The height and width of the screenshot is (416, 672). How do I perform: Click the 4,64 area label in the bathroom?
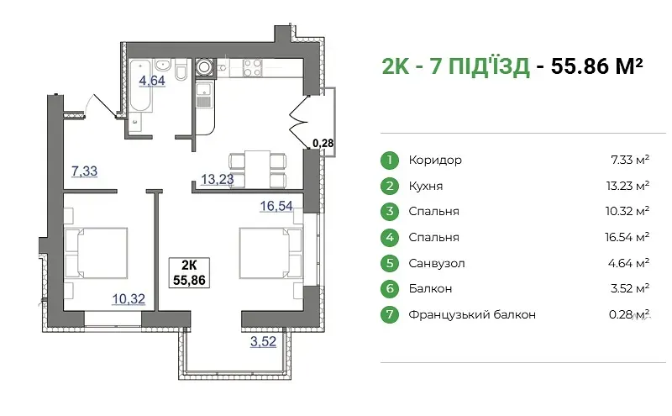[x=152, y=80]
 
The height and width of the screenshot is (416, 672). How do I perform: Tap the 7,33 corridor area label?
[x=85, y=171]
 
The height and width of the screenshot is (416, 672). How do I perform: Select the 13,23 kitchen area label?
[x=218, y=179]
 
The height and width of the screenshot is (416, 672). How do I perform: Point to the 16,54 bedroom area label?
[x=276, y=206]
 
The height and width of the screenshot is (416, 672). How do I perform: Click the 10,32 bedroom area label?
[x=129, y=298]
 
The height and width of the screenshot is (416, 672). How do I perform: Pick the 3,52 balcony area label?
[x=263, y=341]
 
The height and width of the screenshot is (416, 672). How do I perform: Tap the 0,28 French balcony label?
[x=323, y=143]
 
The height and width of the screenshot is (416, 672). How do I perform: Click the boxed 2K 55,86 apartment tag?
[x=189, y=272]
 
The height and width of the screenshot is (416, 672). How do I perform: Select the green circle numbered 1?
[x=390, y=160]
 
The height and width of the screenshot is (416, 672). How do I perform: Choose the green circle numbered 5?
[x=390, y=263]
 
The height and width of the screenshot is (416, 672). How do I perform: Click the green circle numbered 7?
[x=390, y=314]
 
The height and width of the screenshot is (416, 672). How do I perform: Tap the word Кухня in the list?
[x=426, y=186]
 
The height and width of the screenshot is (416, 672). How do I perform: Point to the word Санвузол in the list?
[x=436, y=263]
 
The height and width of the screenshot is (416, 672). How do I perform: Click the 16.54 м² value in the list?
[x=627, y=237]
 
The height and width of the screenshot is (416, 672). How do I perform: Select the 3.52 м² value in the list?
[x=629, y=288]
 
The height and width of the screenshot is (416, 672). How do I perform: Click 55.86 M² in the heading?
[x=597, y=66]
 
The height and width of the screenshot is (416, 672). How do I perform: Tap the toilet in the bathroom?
[x=181, y=71]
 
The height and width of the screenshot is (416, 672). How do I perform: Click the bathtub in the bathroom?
[x=140, y=86]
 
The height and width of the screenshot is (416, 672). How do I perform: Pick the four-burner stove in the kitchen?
[x=253, y=68]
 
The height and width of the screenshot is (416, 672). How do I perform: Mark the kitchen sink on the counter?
[x=204, y=94]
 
